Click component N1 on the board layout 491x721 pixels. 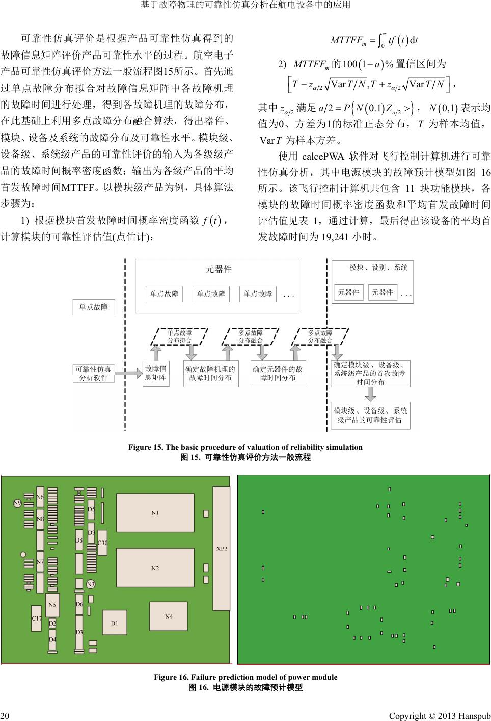[x=155, y=512]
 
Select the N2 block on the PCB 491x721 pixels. [x=155, y=568]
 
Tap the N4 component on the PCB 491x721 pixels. [x=169, y=616]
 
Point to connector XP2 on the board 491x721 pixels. [x=222, y=549]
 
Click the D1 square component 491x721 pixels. [x=115, y=623]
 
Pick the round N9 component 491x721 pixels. [x=17, y=503]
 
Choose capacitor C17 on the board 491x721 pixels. [x=36, y=618]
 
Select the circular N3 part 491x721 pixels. [x=91, y=584]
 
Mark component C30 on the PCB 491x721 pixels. [x=102, y=543]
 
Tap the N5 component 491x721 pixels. [x=52, y=605]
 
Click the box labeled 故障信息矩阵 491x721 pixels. [x=155, y=373]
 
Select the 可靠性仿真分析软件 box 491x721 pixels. [x=94, y=373]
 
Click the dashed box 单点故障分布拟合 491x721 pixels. [x=180, y=336]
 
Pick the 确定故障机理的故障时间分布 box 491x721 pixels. [x=210, y=373]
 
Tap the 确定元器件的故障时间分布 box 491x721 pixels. [x=278, y=373]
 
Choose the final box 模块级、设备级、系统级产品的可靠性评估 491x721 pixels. [x=370, y=415]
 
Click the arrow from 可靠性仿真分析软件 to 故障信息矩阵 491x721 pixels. [x=128, y=373]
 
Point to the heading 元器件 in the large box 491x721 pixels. [x=218, y=269]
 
